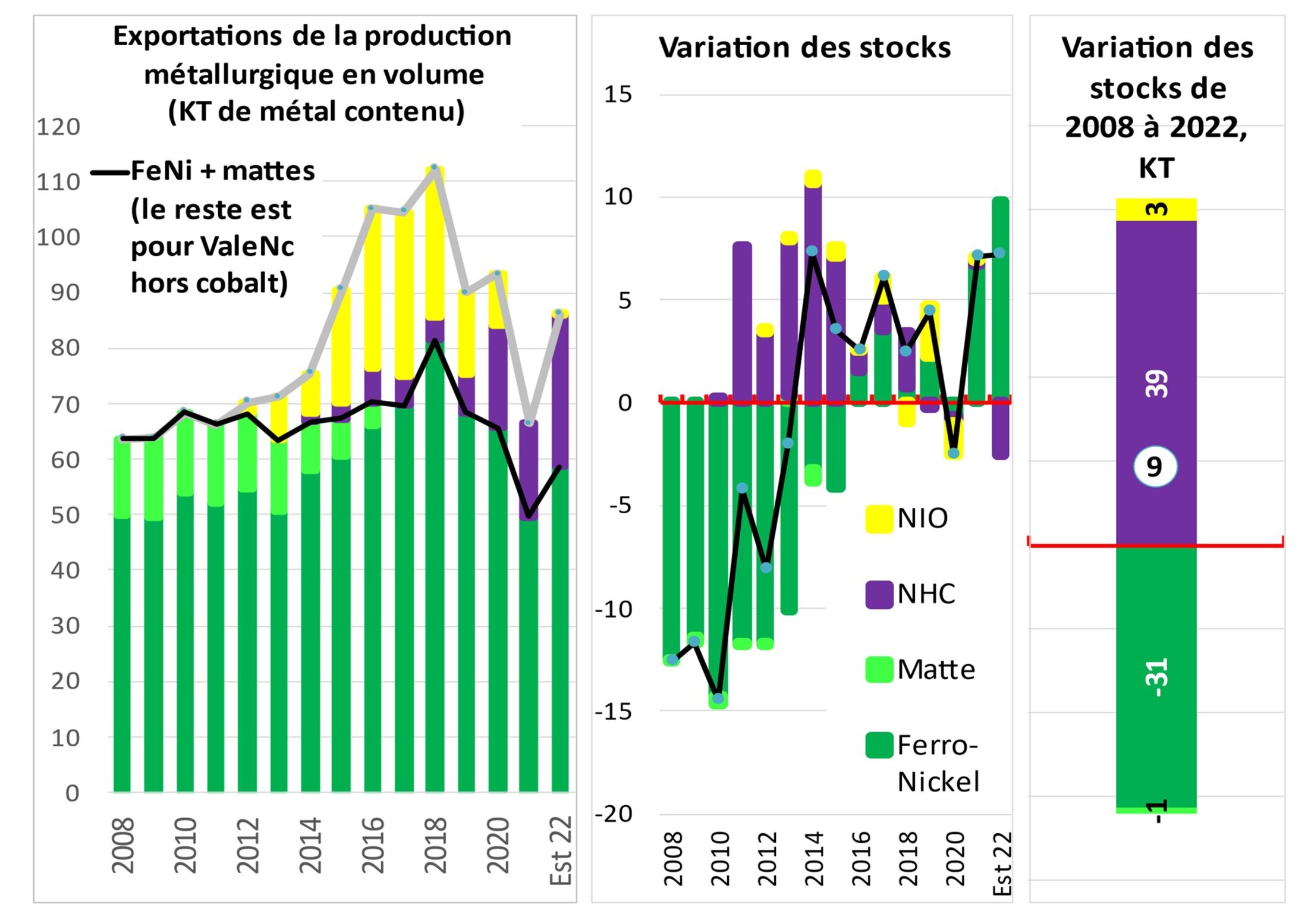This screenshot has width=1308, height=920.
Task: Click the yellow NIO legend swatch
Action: click(879, 519)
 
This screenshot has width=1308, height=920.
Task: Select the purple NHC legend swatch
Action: click(879, 594)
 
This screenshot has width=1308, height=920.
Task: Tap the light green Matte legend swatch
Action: click(879, 670)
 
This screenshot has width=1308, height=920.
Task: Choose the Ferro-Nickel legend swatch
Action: click(879, 745)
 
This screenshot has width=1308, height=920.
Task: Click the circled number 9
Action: click(1155, 467)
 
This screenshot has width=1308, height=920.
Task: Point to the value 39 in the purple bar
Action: click(1156, 384)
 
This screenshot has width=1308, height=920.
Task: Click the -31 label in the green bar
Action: click(1156, 677)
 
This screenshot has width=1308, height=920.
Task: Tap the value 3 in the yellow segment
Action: click(1156, 209)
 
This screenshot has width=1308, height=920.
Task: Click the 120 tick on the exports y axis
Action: click(58, 127)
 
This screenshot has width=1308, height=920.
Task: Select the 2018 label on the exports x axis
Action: click(435, 844)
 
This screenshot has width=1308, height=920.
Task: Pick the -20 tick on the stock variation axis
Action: click(614, 814)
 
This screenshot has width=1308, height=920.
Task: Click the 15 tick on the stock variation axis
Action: click(618, 94)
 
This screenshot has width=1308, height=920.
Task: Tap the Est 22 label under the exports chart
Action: click(560, 850)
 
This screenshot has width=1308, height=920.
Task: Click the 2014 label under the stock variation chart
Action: click(813, 859)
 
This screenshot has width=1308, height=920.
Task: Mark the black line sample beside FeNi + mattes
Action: click(110, 173)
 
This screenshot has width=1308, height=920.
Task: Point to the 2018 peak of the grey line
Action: click(435, 167)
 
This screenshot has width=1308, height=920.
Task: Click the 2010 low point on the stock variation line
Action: click(718, 698)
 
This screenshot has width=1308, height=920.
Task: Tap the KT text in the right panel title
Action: click(1156, 168)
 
